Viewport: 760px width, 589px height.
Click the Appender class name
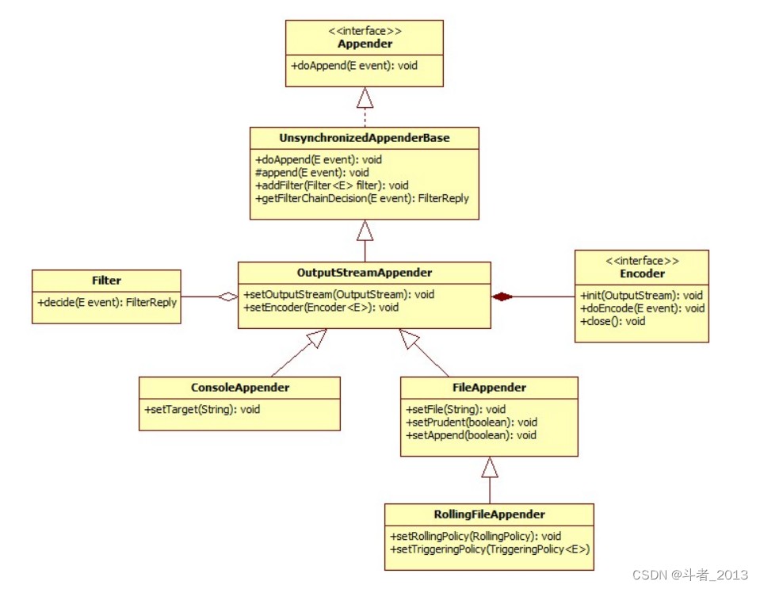(365, 44)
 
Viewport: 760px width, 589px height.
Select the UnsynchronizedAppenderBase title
(365, 138)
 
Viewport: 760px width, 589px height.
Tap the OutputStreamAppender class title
(365, 273)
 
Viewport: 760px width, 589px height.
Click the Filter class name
(106, 280)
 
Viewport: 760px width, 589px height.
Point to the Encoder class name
(642, 273)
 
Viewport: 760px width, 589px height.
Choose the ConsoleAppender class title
(240, 388)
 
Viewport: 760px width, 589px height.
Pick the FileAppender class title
(489, 388)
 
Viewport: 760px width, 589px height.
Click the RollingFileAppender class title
(489, 514)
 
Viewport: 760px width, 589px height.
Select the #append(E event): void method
(312, 173)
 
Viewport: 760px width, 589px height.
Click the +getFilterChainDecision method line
(362, 198)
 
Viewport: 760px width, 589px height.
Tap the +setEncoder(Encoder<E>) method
(321, 308)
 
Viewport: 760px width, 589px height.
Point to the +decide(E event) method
(107, 303)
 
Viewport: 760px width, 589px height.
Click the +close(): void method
(613, 321)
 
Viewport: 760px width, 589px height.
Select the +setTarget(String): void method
(202, 409)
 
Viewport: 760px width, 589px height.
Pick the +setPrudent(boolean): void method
(472, 423)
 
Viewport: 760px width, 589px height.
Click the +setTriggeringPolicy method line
(490, 549)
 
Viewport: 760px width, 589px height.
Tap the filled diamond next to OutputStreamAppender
(502, 296)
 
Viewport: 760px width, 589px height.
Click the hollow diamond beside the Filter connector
(227, 296)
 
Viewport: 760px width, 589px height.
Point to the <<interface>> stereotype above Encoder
(642, 261)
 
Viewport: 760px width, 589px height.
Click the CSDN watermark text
(690, 575)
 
